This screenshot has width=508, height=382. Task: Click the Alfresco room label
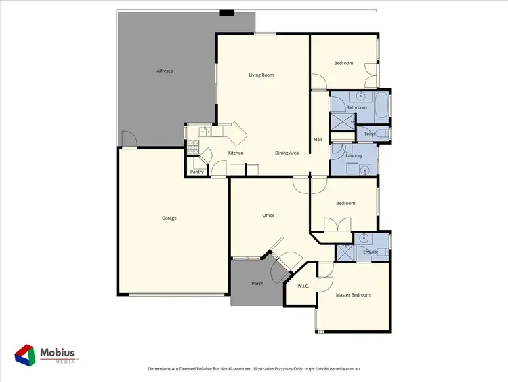(166, 71)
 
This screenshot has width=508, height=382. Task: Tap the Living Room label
(261, 75)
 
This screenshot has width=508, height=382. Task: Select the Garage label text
(169, 218)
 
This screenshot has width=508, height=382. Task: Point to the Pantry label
(197, 172)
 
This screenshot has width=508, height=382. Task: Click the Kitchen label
(236, 153)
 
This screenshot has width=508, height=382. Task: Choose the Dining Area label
(287, 153)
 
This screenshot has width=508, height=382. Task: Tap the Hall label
(318, 140)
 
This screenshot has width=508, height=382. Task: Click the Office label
(268, 216)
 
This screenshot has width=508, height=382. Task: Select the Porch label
(257, 283)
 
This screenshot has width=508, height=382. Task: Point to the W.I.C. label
(303, 286)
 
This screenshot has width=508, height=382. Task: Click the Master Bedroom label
(354, 294)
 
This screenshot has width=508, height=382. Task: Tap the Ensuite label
(371, 252)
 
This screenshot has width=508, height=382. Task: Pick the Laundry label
(354, 156)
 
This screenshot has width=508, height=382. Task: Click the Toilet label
(369, 134)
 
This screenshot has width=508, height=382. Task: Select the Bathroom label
(357, 107)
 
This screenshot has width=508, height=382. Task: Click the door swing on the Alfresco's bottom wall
(129, 140)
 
